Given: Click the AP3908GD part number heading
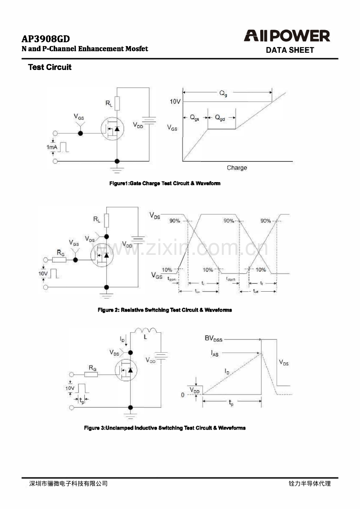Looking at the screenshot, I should [46, 39].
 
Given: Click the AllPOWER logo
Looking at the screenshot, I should [287, 36].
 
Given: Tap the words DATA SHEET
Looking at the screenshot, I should [290, 50].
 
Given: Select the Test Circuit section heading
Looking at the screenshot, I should [50, 67].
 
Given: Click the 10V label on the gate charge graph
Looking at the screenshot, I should [175, 102].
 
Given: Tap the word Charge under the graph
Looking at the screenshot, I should [237, 168].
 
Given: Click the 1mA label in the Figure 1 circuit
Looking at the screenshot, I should [52, 147].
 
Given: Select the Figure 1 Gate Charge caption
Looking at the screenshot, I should [165, 183].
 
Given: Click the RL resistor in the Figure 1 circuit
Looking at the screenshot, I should [117, 104].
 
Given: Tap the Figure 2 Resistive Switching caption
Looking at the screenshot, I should [165, 310].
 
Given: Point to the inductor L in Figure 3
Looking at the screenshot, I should [145, 331].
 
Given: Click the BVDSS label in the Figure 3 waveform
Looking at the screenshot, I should [213, 339].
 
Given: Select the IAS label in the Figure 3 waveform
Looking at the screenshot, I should [215, 353].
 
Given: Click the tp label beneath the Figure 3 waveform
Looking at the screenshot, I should [231, 403].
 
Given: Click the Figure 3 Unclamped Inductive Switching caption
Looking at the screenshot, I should [165, 428].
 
